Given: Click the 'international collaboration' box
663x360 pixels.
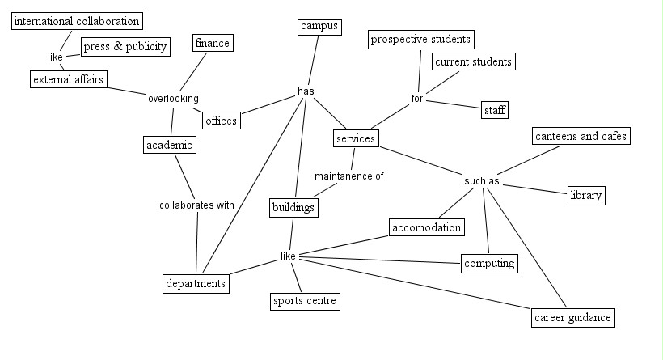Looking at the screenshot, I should [x=78, y=21].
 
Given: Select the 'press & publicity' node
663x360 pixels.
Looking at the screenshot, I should [x=125, y=46].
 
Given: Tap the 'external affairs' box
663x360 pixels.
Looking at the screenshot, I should [x=68, y=79].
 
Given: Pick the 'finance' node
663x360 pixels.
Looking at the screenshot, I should [x=213, y=44].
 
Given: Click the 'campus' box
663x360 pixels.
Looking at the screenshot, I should [x=319, y=27].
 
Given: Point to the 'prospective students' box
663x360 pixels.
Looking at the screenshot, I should [x=420, y=39].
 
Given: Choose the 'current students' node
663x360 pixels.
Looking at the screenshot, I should [x=473, y=61].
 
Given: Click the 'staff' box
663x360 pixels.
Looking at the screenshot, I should [x=494, y=110].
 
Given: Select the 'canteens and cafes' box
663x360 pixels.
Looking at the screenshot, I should [x=581, y=136].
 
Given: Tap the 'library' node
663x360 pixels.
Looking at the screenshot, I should [x=585, y=196].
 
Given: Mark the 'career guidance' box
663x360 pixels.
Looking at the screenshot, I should [x=573, y=317].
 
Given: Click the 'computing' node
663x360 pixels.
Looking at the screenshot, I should [x=489, y=263].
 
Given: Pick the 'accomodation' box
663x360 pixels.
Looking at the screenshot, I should [x=427, y=227].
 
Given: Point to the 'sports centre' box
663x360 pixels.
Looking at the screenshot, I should [x=304, y=302].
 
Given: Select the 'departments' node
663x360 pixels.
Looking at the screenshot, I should [x=196, y=284].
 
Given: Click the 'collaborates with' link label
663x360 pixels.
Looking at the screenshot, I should [x=196, y=205].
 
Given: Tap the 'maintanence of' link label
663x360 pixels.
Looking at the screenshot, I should [x=349, y=176].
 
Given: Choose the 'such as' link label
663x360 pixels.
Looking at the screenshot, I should [x=482, y=181].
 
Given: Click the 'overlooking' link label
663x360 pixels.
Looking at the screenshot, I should [x=173, y=99].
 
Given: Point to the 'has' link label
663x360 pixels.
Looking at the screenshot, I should [x=306, y=91].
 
